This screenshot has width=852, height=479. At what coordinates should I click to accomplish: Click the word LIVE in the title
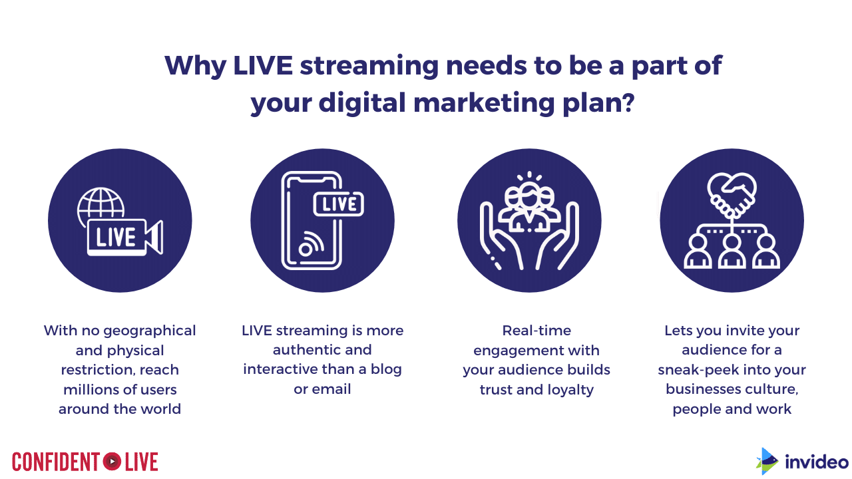click(x=263, y=65)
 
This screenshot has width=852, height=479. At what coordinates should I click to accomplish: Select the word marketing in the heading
click(x=484, y=103)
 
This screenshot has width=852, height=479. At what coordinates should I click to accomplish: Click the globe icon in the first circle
click(x=101, y=206)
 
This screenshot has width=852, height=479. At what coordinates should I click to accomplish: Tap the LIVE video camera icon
click(x=125, y=237)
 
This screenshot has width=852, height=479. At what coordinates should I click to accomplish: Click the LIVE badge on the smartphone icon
click(x=339, y=204)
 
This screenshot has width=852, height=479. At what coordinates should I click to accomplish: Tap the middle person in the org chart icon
click(x=732, y=252)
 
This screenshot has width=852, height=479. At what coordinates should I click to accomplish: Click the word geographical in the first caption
click(x=150, y=331)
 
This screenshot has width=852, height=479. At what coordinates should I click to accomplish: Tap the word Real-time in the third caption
click(x=536, y=331)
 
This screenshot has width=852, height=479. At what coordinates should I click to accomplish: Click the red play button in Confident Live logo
click(x=112, y=462)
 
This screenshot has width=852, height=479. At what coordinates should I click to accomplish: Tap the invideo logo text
click(x=816, y=462)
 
